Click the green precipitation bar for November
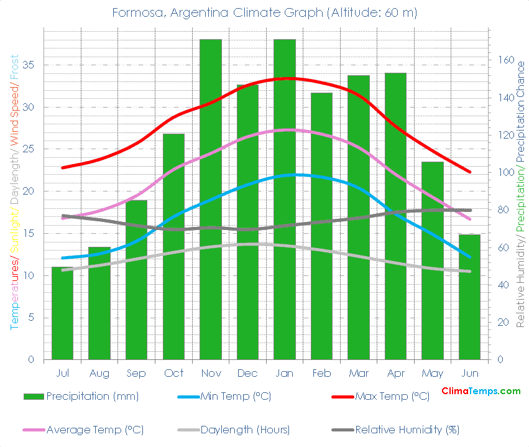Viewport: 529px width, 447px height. tap(211, 199)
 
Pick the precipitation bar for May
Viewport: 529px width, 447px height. tap(433, 260)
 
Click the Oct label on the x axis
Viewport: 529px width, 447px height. tap(173, 373)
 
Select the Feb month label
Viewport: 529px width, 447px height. tap(321, 373)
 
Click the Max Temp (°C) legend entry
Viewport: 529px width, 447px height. tap(392, 396)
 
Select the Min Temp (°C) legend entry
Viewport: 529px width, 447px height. tap(235, 396)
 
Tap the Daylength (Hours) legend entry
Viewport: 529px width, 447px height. tap(245, 430)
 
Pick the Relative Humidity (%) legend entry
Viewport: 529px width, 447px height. tap(407, 430)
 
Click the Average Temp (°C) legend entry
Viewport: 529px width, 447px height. tap(94, 430)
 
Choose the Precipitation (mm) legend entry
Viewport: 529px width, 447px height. tap(92, 396)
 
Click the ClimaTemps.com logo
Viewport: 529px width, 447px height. tap(481, 391)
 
